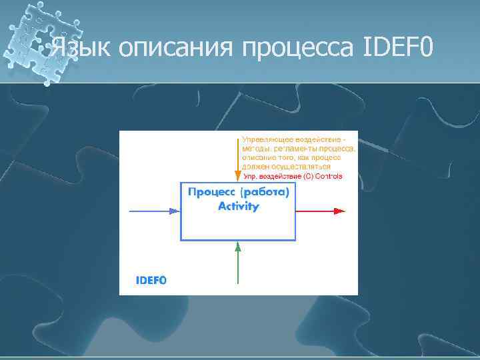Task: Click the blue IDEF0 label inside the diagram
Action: (151, 281)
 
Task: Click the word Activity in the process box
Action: (239, 207)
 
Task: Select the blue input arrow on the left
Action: (150, 211)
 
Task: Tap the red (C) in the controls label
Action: (308, 177)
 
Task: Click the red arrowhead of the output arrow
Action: (340, 211)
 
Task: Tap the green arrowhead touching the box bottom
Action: (237, 245)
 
